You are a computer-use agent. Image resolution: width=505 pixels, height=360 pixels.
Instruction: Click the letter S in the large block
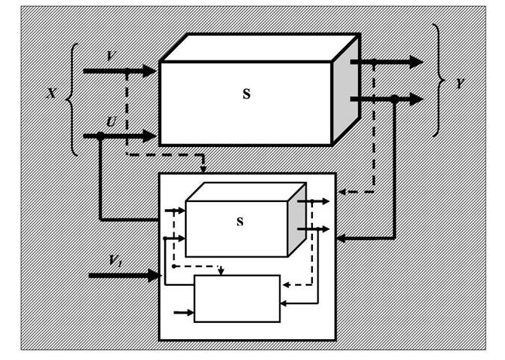coord(246,94)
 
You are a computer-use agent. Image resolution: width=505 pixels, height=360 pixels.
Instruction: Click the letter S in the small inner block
coord(240,221)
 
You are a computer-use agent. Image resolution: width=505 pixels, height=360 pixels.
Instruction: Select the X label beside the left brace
coord(52,94)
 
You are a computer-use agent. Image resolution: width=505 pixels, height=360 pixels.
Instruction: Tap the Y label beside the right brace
coord(460,84)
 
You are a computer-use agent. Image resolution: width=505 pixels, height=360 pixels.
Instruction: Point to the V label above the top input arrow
coord(110,57)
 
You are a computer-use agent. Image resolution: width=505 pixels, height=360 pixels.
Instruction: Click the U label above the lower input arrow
coord(111,122)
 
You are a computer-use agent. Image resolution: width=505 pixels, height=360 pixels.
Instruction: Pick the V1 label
coord(115,260)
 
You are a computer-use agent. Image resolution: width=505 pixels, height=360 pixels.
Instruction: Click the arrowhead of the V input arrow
coord(149,71)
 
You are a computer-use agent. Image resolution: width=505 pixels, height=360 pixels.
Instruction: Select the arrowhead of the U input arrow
coord(149,136)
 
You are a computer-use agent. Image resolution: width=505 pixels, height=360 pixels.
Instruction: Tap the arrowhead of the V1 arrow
coord(155,276)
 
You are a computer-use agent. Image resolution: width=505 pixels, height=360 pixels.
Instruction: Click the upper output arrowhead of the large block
coord(416,62)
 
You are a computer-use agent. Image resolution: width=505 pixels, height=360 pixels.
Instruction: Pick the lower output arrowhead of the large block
coord(416,99)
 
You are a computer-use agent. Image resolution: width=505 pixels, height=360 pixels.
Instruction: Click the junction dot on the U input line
coord(101,136)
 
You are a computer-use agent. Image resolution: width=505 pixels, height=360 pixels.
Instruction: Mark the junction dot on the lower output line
coord(394,99)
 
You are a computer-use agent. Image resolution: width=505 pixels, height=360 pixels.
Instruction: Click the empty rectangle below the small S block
coord(237,299)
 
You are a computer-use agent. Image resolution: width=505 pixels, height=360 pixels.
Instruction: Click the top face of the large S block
coord(259,48)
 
